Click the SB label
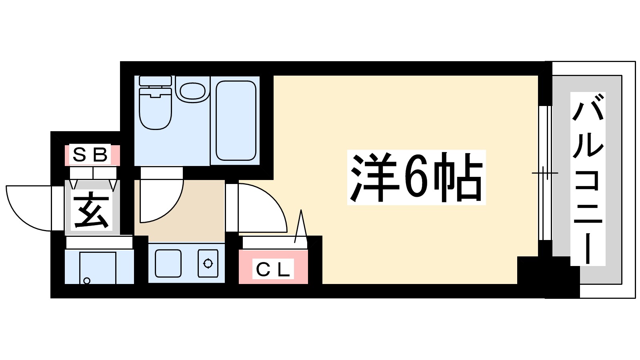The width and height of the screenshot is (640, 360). tap(90, 154)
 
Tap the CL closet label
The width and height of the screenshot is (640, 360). tap(273, 269)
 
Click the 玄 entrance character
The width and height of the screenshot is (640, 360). tap(92, 210)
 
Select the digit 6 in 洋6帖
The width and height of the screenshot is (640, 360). tap(416, 177)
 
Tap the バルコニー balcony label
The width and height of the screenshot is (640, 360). tap(588, 179)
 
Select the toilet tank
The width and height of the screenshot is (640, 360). tap(155, 80)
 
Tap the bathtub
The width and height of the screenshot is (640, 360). tap(236, 120)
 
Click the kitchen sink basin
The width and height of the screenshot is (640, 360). tap(168, 263)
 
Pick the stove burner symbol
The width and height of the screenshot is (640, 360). tap(208, 263)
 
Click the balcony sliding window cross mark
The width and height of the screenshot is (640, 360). tap(544, 173)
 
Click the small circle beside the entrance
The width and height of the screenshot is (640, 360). tap(87, 281)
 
